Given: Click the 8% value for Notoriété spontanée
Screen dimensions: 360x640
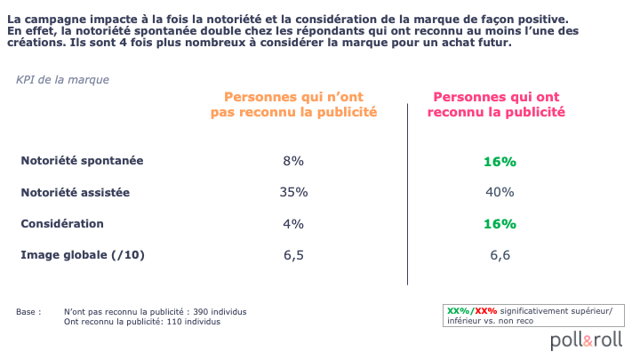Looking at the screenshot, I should [x=293, y=161].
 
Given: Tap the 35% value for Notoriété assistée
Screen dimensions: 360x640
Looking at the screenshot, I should [x=293, y=192].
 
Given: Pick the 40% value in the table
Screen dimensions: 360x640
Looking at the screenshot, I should [x=500, y=192].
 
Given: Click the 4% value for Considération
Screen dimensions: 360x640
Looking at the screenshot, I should [x=293, y=224].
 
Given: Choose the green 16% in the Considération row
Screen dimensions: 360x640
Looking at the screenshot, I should [x=500, y=224].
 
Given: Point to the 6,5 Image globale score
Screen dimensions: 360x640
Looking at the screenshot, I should [x=293, y=256].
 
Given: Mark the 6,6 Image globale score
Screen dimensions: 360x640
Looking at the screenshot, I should [x=500, y=256].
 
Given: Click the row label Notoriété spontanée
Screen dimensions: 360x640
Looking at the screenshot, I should [x=82, y=161].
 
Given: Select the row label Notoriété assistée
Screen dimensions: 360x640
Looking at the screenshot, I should [x=76, y=192].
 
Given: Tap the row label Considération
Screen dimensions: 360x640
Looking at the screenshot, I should [x=62, y=224].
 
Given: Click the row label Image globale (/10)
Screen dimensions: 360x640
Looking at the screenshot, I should [x=83, y=256].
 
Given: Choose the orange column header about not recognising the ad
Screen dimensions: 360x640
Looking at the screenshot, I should [x=293, y=104].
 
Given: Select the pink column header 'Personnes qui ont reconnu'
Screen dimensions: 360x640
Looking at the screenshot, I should [x=500, y=104].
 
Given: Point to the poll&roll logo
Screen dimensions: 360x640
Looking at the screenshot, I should [x=586, y=340].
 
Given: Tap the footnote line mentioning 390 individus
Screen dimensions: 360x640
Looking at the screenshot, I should [x=156, y=312].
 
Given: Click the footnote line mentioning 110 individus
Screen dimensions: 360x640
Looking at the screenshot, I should [x=142, y=321].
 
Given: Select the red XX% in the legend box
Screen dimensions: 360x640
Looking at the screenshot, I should [x=485, y=310].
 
